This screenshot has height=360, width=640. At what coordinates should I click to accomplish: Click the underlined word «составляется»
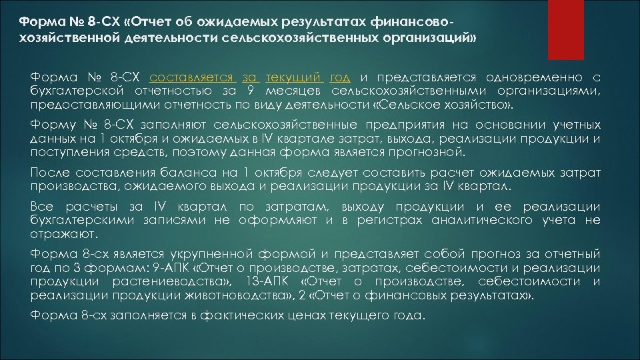194,78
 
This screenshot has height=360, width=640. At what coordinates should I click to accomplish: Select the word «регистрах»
383,221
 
